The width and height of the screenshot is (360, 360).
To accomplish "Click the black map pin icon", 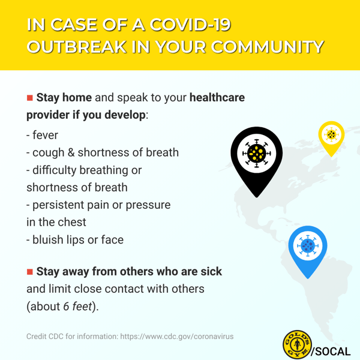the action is coord(257,161).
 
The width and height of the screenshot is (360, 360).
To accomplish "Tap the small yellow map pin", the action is coord(331,138).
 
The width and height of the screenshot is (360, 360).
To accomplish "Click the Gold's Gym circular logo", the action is coord(298,344).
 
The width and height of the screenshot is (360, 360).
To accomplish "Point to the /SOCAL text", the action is coord(331,352).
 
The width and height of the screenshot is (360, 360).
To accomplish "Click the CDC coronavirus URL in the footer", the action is coord(177,337).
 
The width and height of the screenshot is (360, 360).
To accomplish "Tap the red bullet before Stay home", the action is coord(29,98).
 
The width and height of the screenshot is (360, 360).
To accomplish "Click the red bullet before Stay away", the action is coord(29,272).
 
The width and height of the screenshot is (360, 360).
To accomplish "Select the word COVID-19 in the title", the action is coord(190,25).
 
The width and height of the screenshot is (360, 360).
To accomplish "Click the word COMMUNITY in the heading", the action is coord(268,47).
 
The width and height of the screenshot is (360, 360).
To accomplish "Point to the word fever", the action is coord(45,135).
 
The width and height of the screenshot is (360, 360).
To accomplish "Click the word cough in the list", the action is coord(48,153).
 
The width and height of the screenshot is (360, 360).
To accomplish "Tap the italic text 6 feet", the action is coord(77,306).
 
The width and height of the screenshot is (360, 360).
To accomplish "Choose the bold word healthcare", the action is coord(217,97).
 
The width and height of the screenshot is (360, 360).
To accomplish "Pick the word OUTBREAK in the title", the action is coord(77,47).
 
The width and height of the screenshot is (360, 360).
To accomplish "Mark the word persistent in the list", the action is coord(59,205).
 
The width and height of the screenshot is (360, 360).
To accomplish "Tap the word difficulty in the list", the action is coord(55,170).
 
